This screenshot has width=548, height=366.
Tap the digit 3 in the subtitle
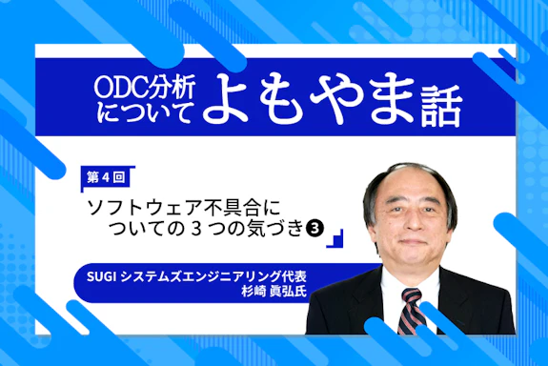pos(215,228)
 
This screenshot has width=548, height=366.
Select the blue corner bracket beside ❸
pos(335,239)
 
